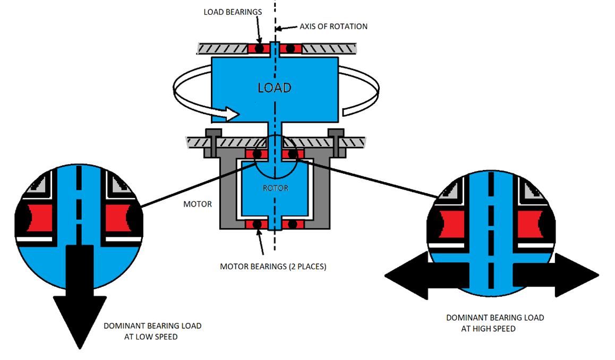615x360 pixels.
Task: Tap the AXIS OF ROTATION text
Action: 333,26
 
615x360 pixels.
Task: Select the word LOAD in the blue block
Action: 274,88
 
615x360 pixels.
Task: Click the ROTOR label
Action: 275,188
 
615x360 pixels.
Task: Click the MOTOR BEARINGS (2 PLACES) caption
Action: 273,267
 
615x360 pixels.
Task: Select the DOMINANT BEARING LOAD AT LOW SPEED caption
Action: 152,331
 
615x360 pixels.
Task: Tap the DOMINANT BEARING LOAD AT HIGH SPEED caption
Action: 494,323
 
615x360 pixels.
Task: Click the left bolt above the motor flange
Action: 214,133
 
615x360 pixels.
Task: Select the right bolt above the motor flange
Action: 335,133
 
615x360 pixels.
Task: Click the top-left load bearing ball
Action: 259,48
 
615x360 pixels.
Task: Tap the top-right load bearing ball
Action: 291,48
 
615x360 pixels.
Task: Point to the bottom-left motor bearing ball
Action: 259,224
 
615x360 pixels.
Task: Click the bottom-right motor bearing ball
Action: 291,224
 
